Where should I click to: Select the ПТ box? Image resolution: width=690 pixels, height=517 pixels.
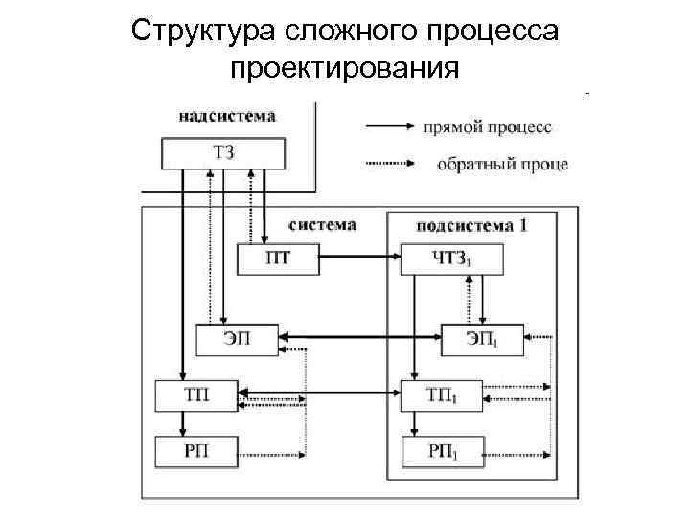click(x=277, y=258)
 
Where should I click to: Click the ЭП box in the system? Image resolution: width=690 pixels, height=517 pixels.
click(x=238, y=337)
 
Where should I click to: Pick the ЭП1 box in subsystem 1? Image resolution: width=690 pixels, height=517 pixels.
click(x=483, y=337)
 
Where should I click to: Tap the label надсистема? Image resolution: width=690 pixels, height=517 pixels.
click(x=227, y=117)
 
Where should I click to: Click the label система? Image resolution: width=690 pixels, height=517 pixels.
click(x=322, y=225)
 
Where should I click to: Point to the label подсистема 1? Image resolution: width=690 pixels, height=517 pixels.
click(x=471, y=226)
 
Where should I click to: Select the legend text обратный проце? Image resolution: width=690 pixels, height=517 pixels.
click(x=502, y=164)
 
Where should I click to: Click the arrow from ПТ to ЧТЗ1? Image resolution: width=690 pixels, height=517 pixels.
click(x=357, y=258)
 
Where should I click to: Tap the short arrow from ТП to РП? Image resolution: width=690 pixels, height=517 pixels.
click(x=178, y=421)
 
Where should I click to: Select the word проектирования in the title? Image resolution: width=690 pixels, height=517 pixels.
click(x=345, y=69)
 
